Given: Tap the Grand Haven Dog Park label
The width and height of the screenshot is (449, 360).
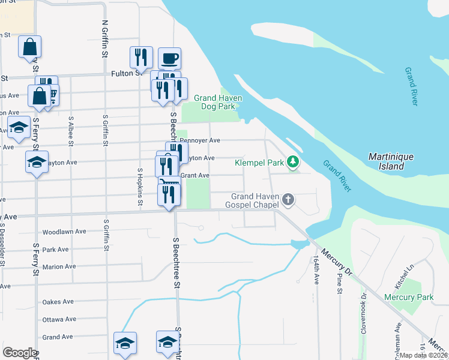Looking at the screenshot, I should click(x=217, y=103).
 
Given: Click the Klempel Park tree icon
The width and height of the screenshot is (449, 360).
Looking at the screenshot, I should click(x=293, y=161).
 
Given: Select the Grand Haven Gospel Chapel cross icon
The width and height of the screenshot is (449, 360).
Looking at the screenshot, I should click(x=289, y=199).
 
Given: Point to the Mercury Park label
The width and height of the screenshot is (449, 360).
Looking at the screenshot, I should click(x=409, y=297).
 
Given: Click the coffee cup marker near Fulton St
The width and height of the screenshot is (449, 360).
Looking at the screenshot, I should click(x=170, y=59).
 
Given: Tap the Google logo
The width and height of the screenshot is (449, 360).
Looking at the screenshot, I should click(x=20, y=353).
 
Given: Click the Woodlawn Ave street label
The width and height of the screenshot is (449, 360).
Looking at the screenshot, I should click(x=64, y=232).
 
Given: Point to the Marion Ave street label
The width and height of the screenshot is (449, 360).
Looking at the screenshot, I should click(x=59, y=266).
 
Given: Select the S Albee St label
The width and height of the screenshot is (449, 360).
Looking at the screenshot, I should click(x=71, y=131).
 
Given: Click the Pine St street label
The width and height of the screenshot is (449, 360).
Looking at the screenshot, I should click(x=340, y=283).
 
